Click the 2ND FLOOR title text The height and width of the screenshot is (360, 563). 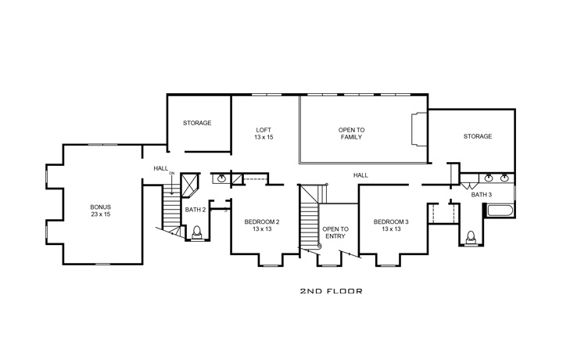[331, 290]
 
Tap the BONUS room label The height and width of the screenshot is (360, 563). [100, 210]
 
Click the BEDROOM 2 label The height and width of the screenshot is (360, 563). [261, 225]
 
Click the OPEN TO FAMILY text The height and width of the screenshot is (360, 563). [351, 133]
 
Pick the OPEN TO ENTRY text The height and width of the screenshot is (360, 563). [335, 232]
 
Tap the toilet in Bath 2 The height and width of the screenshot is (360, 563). [197, 232]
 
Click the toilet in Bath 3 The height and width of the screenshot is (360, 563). [472, 236]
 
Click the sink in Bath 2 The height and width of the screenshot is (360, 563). [222, 178]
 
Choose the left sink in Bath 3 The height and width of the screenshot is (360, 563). [489, 178]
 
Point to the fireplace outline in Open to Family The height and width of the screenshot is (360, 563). [418, 129]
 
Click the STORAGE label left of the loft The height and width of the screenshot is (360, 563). [197, 123]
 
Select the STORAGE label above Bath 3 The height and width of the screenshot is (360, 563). [477, 136]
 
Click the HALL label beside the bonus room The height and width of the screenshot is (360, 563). [160, 167]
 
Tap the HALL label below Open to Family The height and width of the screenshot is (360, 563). [360, 175]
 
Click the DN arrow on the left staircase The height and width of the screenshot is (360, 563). [171, 185]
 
